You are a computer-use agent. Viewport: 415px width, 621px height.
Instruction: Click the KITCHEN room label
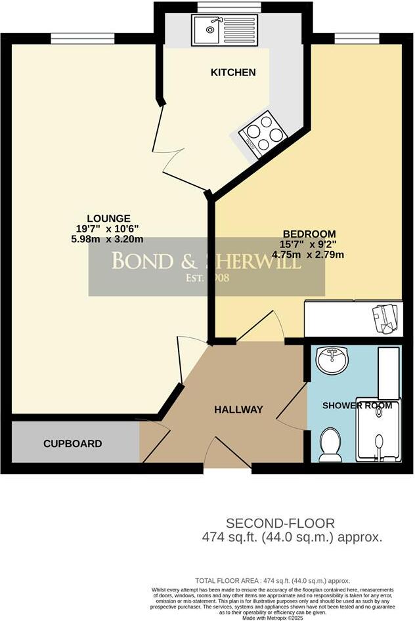[232, 72]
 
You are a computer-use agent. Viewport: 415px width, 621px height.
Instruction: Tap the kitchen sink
[211, 29]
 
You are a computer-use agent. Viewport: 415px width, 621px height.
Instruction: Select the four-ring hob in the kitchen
[263, 130]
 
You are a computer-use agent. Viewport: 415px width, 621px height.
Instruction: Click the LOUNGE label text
[110, 219]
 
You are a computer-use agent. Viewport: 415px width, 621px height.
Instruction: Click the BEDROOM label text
[309, 234]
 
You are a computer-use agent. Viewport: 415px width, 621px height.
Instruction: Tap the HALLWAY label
[238, 410]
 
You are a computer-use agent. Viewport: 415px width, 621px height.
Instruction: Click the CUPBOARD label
[73, 444]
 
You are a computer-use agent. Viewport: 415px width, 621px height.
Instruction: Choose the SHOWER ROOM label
[357, 405]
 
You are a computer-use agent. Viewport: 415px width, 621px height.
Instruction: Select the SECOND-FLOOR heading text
[280, 523]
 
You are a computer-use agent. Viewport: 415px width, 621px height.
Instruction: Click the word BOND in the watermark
[141, 261]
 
